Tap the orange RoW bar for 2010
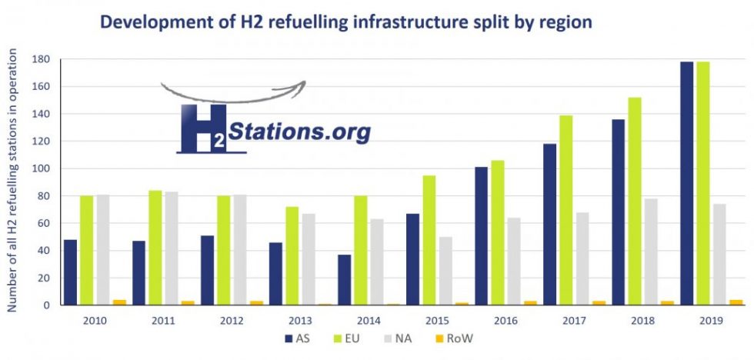[120, 302]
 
